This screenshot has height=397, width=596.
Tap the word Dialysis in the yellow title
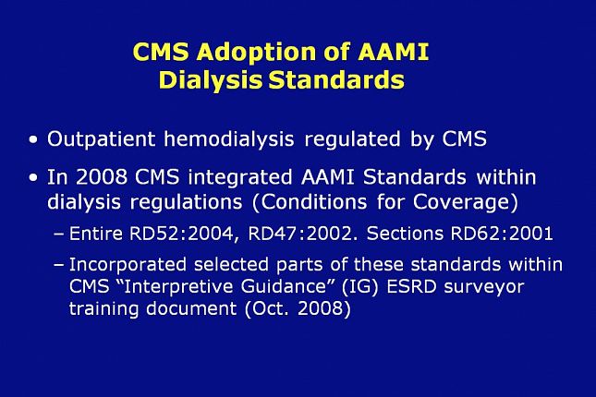point(210,81)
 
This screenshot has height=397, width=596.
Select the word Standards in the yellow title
point(336,79)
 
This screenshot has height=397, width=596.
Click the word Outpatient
point(101,139)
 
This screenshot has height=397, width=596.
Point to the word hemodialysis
point(229,139)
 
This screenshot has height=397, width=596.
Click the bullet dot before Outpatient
point(33,139)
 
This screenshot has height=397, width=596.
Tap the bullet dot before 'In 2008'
point(33,178)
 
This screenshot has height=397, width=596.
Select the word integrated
point(240,178)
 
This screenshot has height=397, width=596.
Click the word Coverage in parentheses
point(466,202)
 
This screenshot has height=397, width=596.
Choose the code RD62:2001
point(502,234)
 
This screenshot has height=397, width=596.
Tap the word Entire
point(96,234)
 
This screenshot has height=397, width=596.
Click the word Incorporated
point(128,265)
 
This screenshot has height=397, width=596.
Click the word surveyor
point(484,287)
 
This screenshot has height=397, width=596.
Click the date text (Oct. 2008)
point(298,308)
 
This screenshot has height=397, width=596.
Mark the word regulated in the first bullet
point(352,139)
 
